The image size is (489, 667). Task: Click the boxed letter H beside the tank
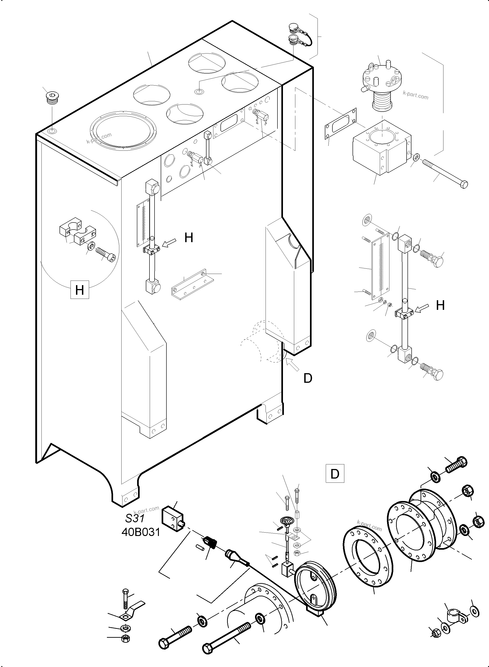pos(79,290)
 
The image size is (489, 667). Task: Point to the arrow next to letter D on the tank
pos(292,364)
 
